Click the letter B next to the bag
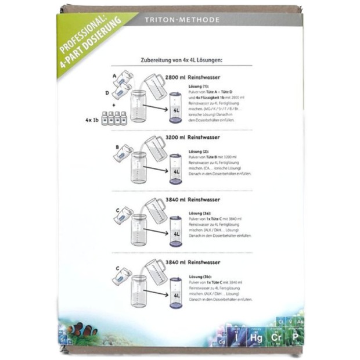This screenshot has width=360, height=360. (116, 147)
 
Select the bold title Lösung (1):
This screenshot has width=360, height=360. (200, 85)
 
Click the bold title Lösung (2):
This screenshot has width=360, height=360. (200, 150)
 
